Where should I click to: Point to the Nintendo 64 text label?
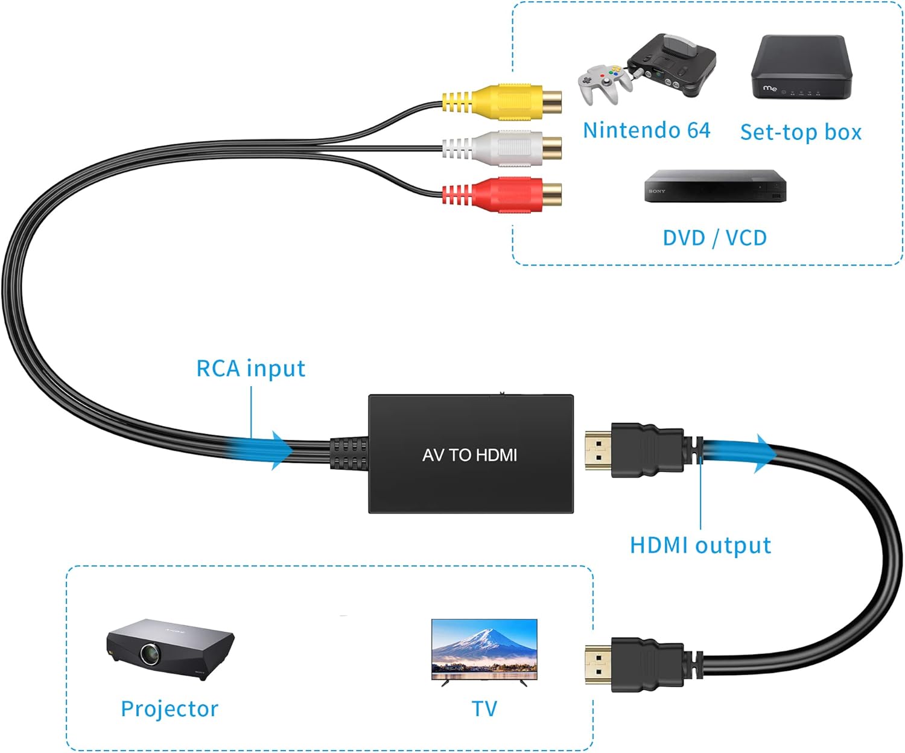(x=646, y=130)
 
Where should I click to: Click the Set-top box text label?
(x=801, y=132)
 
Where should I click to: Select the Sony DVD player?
(x=715, y=186)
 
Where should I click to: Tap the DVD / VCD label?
(x=714, y=238)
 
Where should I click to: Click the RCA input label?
(x=250, y=368)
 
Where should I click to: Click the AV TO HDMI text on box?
(x=469, y=455)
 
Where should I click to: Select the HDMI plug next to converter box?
(x=634, y=450)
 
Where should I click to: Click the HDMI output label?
(x=700, y=545)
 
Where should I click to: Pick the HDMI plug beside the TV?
(x=634, y=664)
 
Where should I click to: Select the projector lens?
(x=149, y=653)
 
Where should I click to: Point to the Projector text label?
(x=170, y=709)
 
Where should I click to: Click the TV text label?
(x=484, y=709)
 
